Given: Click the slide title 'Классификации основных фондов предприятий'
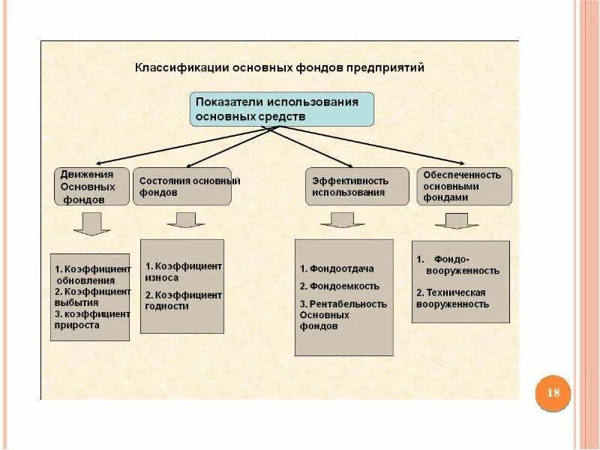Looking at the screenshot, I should [x=279, y=67].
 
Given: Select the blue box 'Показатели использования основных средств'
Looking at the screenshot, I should [x=281, y=109].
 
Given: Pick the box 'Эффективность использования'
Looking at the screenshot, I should [x=349, y=187].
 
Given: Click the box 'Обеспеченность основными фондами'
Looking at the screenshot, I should [x=463, y=186].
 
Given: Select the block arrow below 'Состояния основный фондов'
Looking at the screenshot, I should [x=185, y=220].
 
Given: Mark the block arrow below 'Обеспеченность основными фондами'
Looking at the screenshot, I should [x=457, y=220].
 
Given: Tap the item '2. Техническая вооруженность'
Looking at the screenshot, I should [x=452, y=298].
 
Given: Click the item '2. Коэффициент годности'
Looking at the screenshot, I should [x=184, y=300].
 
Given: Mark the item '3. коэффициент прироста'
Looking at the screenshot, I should [x=91, y=319].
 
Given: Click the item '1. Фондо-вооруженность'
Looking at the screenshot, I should [x=457, y=265].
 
